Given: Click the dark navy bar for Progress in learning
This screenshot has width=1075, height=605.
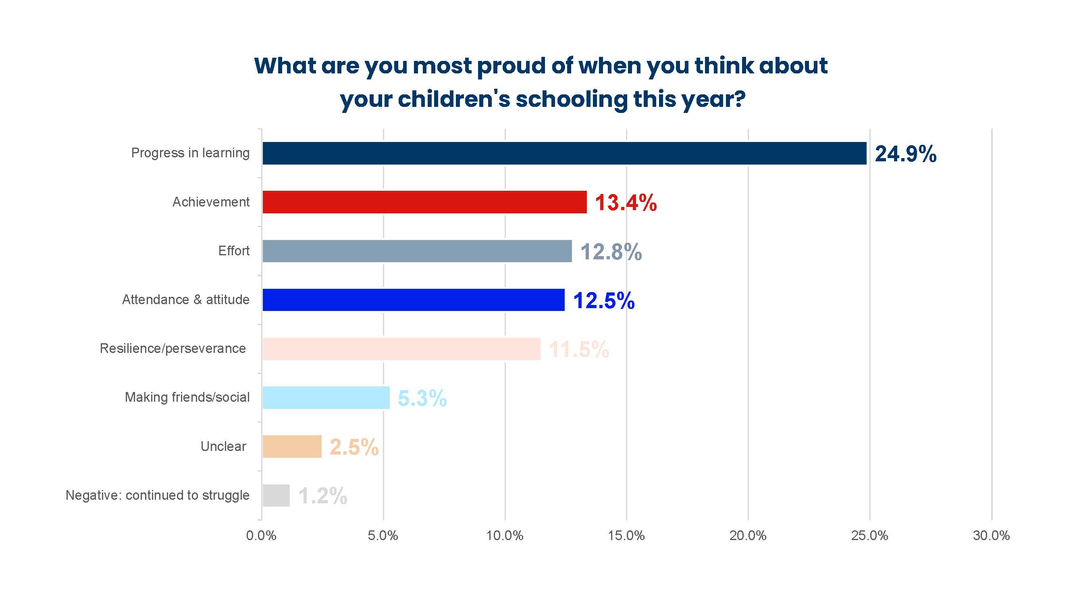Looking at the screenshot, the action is pyautogui.click(x=564, y=153).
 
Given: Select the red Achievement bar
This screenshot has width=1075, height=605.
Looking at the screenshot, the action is pyautogui.click(x=424, y=202).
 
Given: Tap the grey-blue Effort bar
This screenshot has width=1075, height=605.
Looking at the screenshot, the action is pyautogui.click(x=417, y=251).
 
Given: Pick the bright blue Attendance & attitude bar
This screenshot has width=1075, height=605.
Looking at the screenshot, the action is pyautogui.click(x=414, y=300).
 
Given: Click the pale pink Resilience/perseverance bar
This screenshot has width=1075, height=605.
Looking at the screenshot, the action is pyautogui.click(x=401, y=348).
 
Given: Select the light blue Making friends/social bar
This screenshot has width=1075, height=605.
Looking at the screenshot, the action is pyautogui.click(x=326, y=398).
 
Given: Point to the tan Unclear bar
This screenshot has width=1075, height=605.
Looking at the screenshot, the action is pyautogui.click(x=292, y=446).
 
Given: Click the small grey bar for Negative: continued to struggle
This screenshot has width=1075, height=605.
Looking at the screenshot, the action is pyautogui.click(x=276, y=495).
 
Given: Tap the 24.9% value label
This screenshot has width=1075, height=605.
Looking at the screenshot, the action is pyautogui.click(x=906, y=154).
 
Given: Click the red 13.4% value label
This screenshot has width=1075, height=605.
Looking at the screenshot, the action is pyautogui.click(x=626, y=202).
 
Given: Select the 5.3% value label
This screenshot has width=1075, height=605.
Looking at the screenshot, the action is pyautogui.click(x=422, y=398).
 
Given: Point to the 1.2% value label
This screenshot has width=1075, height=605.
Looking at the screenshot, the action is pyautogui.click(x=322, y=496).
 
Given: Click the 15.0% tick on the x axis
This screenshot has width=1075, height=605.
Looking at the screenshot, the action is pyautogui.click(x=626, y=536).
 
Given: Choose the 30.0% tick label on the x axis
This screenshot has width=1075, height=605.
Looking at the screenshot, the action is pyautogui.click(x=991, y=536).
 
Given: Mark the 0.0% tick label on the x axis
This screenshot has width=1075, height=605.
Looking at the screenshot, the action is pyautogui.click(x=261, y=536).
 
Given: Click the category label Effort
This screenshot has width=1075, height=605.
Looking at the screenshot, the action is pyautogui.click(x=234, y=250).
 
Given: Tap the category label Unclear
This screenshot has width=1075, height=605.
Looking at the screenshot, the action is pyautogui.click(x=223, y=446).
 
